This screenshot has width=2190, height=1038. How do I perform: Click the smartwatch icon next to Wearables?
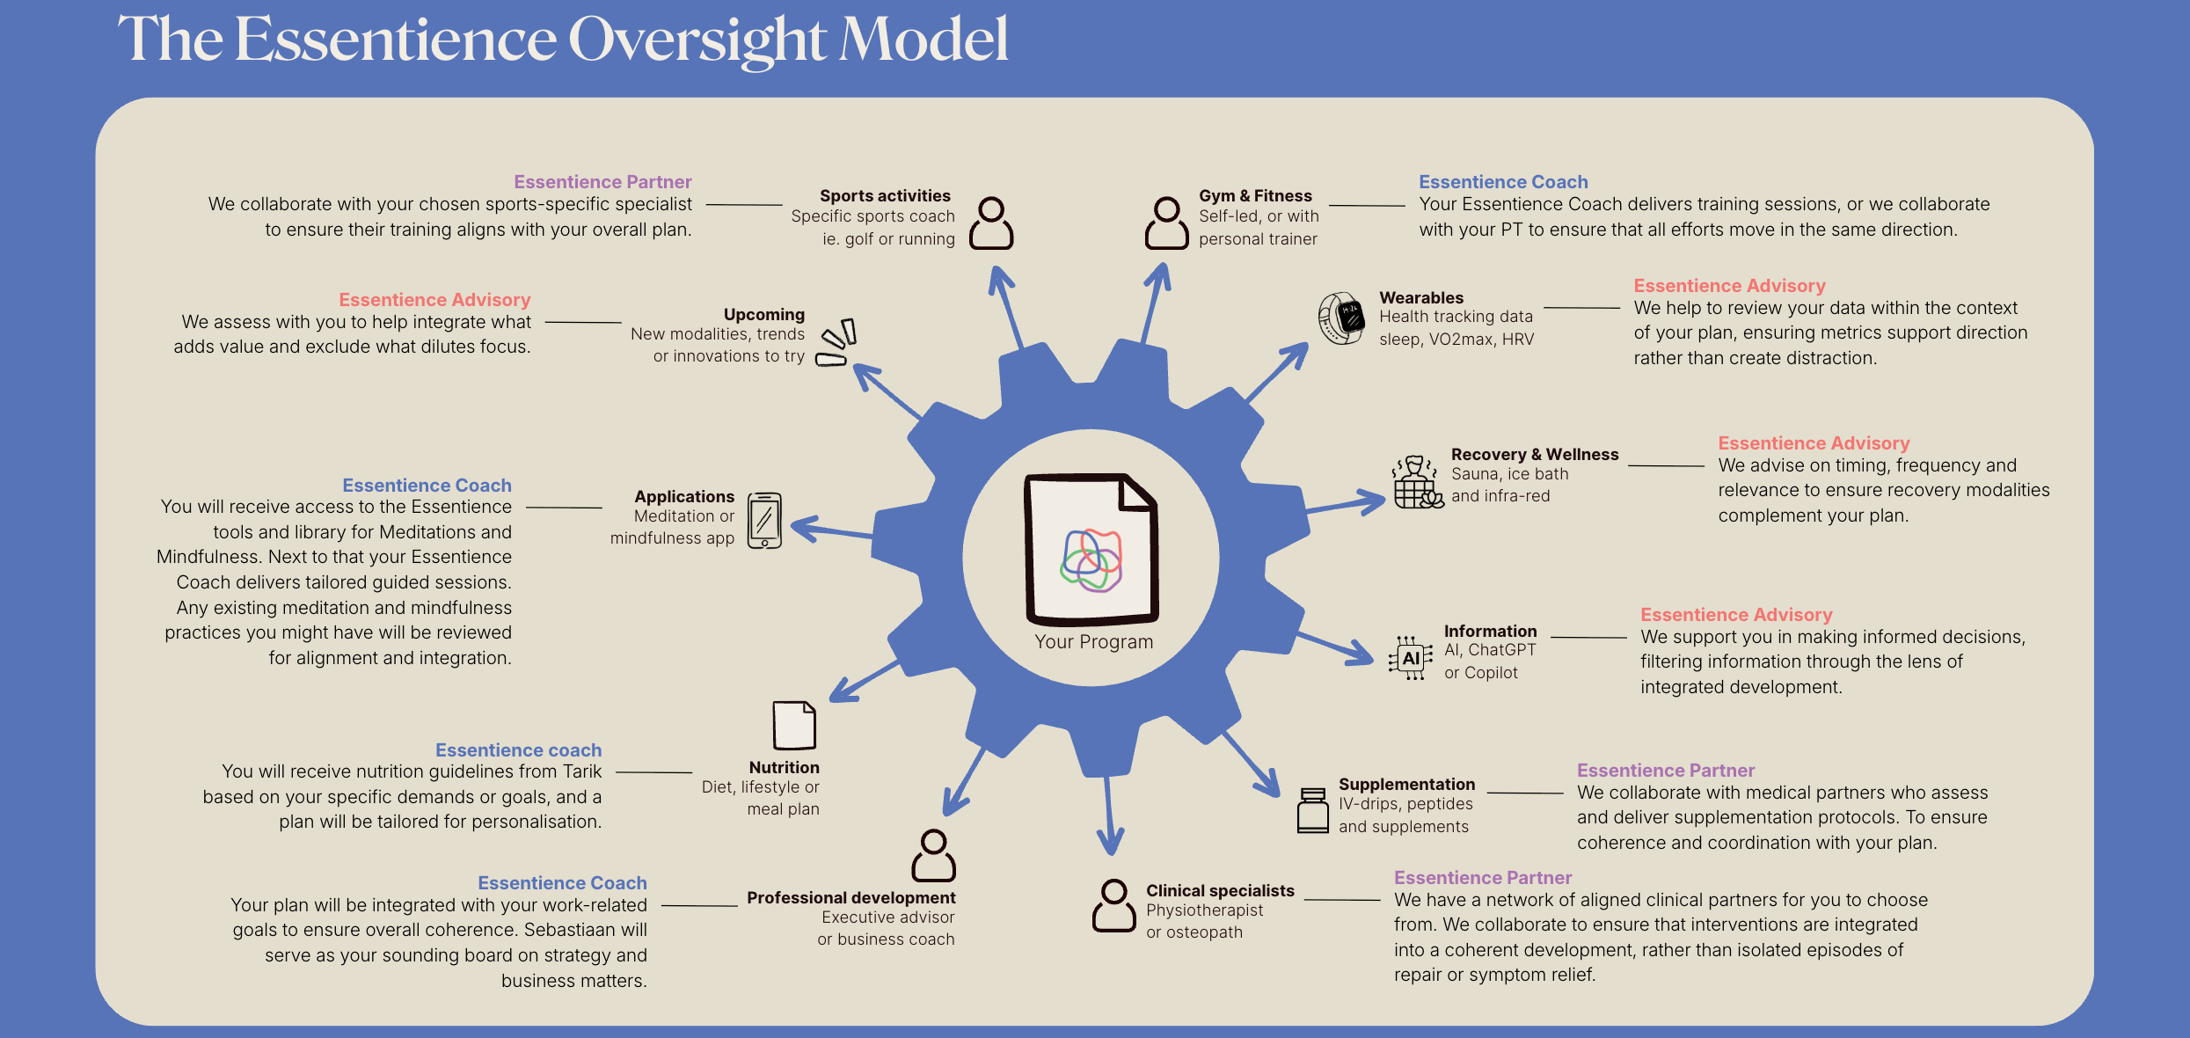[1341, 318]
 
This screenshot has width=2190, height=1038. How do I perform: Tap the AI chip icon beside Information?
[1410, 658]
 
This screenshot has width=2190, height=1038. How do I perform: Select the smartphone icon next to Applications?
[764, 521]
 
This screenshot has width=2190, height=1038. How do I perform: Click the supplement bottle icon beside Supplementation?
[1312, 810]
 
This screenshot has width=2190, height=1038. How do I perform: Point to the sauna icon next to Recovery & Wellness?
[1417, 482]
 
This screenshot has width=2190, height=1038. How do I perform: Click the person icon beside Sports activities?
[991, 223]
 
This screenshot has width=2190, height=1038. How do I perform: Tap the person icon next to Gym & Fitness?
[1166, 223]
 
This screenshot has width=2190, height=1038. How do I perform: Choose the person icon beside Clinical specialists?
[1113, 905]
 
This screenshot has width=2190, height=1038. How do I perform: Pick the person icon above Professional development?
[933, 855]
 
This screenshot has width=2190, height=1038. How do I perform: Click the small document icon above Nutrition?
[793, 725]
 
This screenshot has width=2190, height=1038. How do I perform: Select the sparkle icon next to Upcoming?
[836, 343]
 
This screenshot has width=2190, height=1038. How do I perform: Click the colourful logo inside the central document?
[1091, 559]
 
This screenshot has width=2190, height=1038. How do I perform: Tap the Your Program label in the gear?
[1093, 642]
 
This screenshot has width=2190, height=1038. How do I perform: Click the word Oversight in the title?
[697, 40]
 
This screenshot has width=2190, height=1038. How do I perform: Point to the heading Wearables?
[1421, 297]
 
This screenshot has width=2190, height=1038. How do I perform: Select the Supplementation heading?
[1406, 784]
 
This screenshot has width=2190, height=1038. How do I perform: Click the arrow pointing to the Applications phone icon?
[832, 530]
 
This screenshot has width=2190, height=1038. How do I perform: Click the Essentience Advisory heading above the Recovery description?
[1814, 443]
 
